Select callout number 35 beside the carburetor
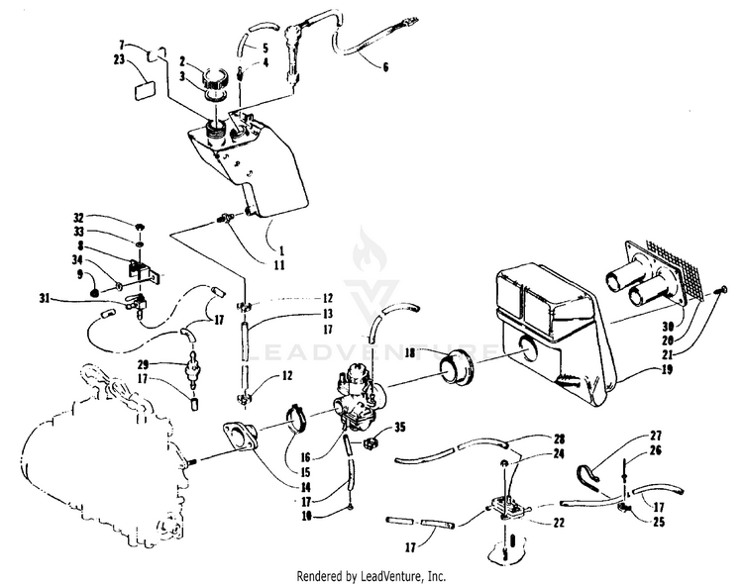click(400, 428)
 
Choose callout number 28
click(560, 439)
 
